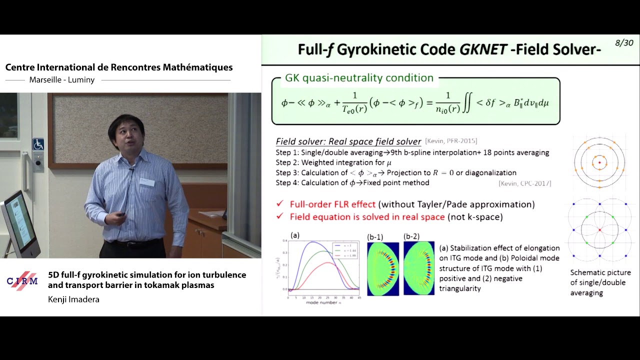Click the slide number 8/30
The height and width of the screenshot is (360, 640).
tap(623, 43)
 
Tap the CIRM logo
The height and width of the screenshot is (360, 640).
tap(22, 280)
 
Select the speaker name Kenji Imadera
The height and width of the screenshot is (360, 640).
tap(73, 299)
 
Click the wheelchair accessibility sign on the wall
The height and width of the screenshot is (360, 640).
tap(38, 144)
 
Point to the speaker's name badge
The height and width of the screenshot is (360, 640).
tap(147, 182)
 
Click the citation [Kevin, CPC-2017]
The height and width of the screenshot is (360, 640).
tap(524, 183)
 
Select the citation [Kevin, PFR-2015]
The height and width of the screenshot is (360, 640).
tap(450, 141)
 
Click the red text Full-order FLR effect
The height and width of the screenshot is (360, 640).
tap(332, 204)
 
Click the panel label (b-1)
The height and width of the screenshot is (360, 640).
tap(375, 236)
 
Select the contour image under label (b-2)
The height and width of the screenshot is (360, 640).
tap(419, 268)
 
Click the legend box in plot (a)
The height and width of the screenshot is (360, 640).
tap(345, 249)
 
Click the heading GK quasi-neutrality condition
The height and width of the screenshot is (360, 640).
tap(359, 78)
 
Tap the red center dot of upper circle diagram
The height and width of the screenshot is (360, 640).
tap(599, 162)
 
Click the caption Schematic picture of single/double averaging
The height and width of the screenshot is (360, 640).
tap(600, 282)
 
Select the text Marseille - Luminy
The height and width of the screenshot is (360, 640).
tap(62, 80)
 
